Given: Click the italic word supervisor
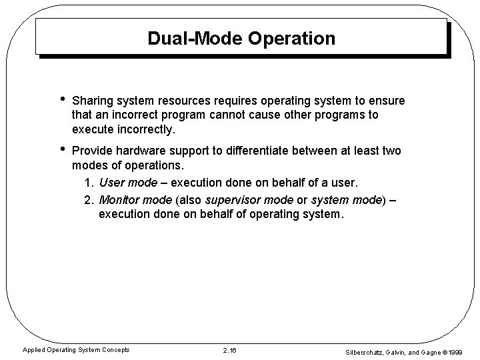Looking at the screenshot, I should pos(233,199).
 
